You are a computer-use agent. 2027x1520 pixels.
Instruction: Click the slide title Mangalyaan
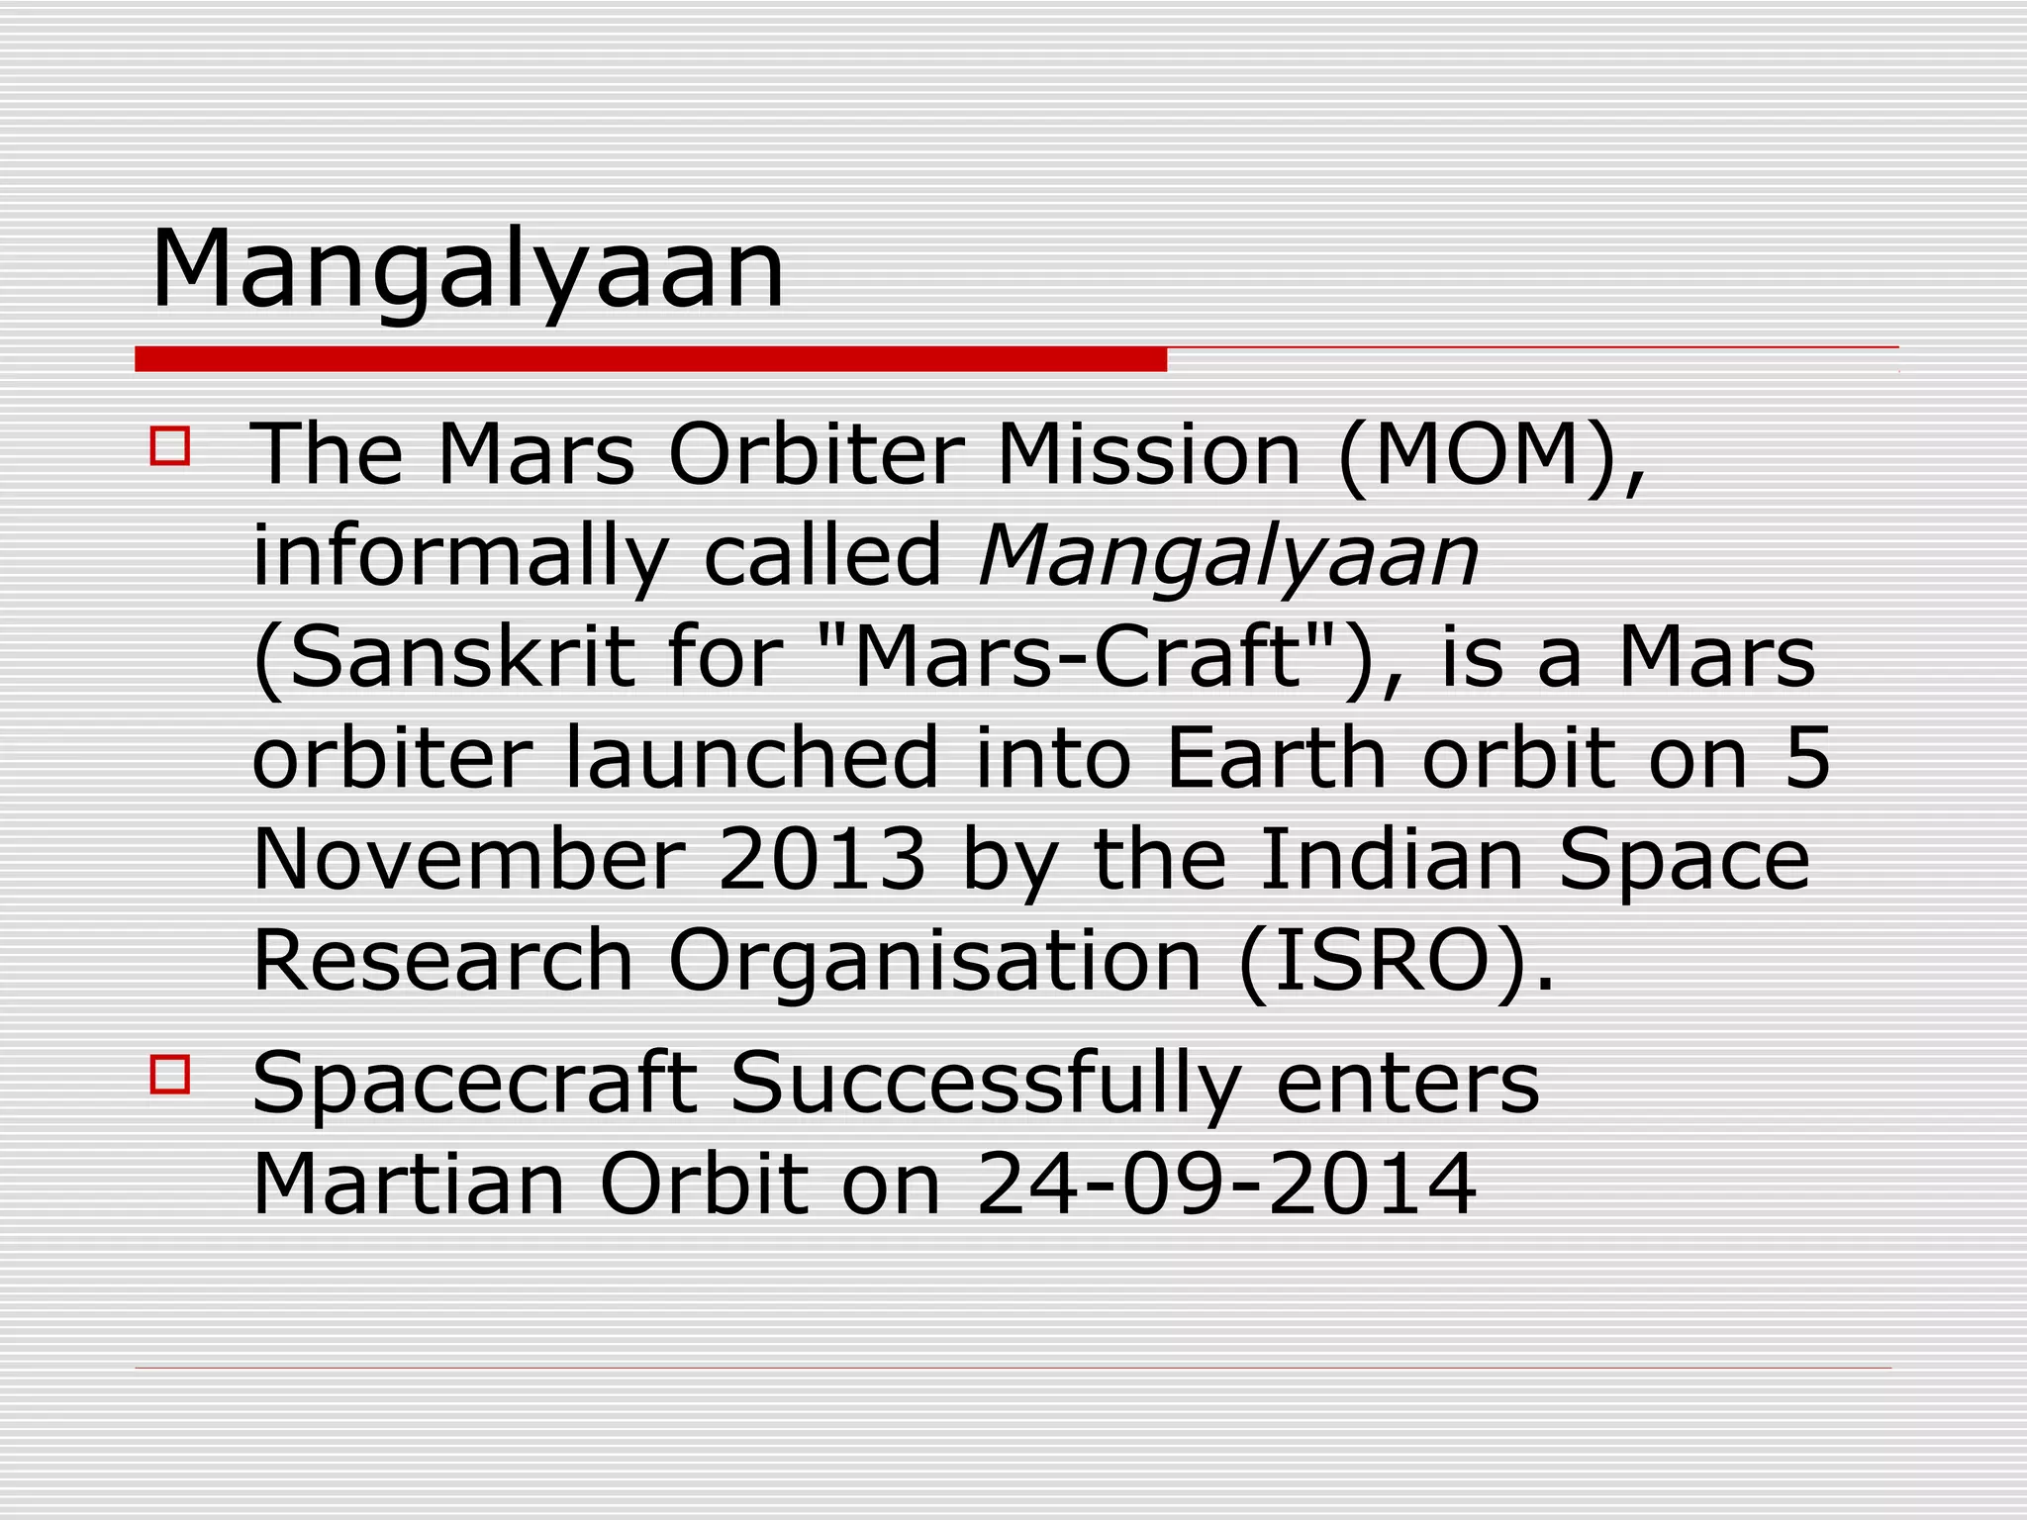tap(467, 269)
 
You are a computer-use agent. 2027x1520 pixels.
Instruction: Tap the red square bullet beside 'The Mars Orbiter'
tap(170, 445)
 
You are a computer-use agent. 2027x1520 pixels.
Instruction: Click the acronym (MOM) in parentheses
tap(1491, 457)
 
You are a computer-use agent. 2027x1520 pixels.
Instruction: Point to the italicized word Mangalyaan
tap(1228, 558)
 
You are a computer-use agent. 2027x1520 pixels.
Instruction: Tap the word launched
tap(750, 759)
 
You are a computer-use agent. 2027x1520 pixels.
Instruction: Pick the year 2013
tap(821, 861)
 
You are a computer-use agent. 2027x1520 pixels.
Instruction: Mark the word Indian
tap(1392, 861)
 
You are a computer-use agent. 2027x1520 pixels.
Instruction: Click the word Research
tap(442, 962)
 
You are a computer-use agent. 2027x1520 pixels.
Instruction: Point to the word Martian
tap(408, 1186)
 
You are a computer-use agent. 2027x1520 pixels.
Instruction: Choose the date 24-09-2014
tap(1226, 1186)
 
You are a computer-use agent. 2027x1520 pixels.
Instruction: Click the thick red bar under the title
tap(650, 360)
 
